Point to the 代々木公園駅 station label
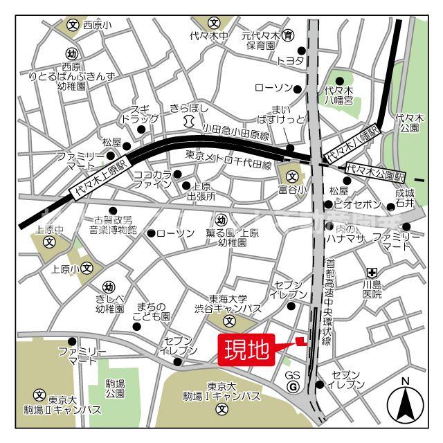pos(377,168)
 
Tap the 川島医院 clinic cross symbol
pos(372,272)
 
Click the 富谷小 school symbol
pos(291,175)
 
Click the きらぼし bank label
pos(186,109)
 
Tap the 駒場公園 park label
pos(116,388)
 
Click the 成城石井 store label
pos(404,198)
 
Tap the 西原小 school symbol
pos(73,25)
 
